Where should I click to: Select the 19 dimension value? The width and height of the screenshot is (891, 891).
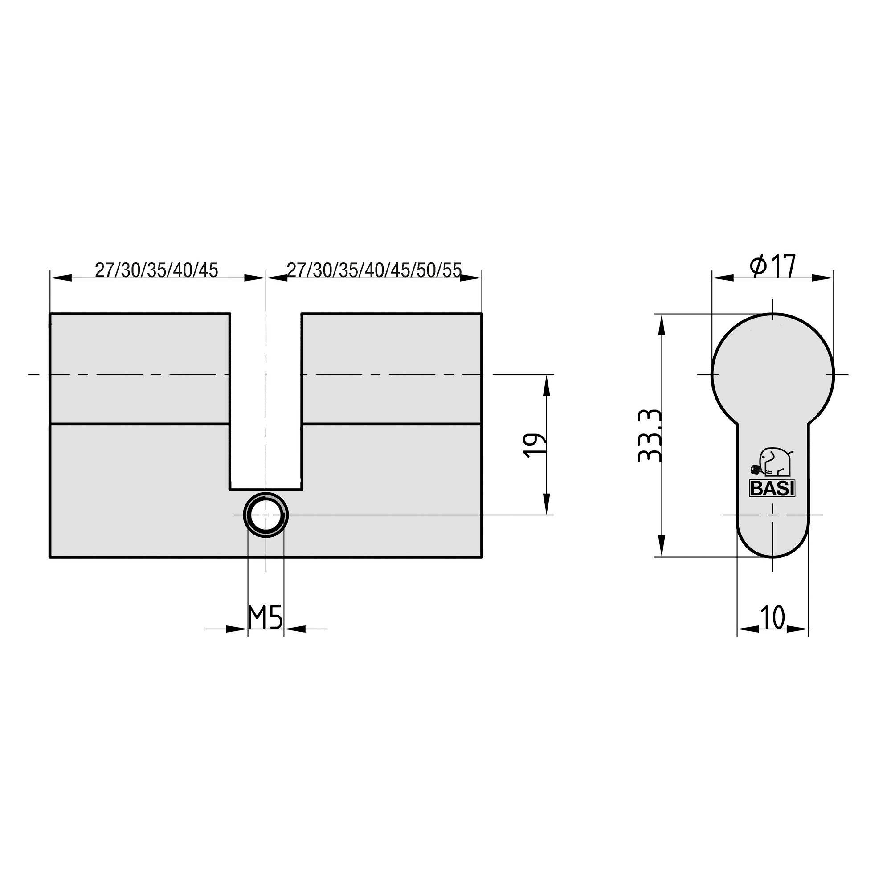click(x=534, y=445)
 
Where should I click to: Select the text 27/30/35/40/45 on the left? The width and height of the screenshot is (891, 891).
click(x=156, y=270)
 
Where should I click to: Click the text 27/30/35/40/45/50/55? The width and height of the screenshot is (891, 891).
click(x=374, y=270)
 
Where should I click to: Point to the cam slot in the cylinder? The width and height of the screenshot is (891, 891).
click(x=266, y=401)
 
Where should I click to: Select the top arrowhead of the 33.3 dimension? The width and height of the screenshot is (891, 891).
click(x=662, y=325)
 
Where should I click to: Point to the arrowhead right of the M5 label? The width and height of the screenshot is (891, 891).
click(x=294, y=628)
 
